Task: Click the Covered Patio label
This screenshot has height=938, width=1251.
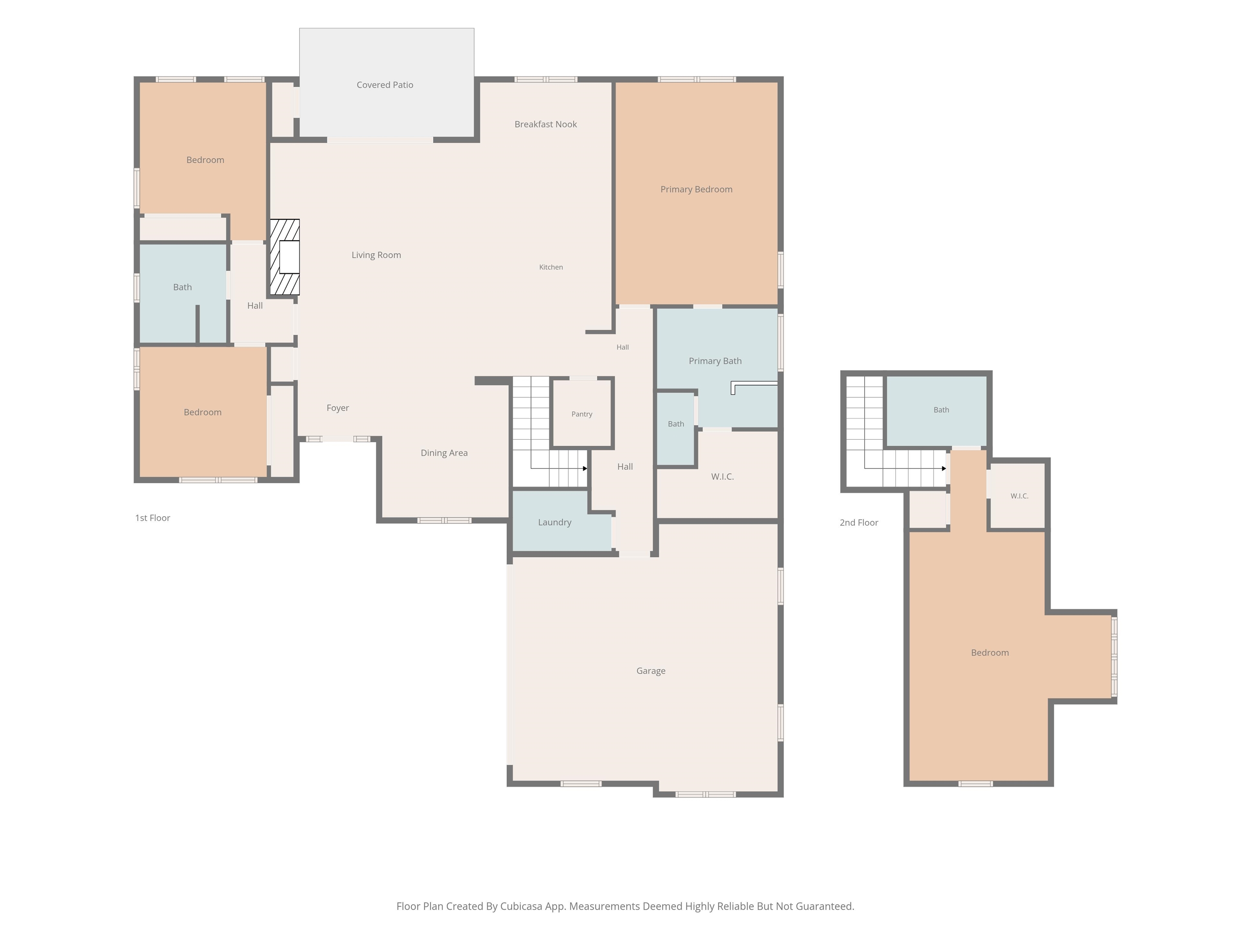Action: (x=384, y=85)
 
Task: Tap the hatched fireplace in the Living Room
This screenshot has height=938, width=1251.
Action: (x=285, y=257)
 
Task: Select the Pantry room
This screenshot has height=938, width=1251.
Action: (x=582, y=413)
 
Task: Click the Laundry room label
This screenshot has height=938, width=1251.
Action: (x=554, y=522)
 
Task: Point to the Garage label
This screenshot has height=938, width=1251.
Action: (x=650, y=671)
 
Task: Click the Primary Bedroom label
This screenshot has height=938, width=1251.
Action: (x=696, y=189)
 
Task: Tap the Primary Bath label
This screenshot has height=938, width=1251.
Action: (x=715, y=361)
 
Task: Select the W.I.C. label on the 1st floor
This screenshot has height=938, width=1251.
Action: (x=722, y=477)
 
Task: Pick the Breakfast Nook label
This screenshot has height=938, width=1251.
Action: (x=545, y=125)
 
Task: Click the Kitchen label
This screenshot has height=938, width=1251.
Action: (x=551, y=267)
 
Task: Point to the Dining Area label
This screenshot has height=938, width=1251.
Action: (x=444, y=453)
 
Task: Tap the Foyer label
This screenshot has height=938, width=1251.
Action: (x=338, y=408)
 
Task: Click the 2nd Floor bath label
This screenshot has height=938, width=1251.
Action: (x=941, y=410)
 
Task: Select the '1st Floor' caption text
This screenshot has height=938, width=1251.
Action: (x=152, y=518)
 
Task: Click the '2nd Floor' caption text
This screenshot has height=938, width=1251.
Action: (x=858, y=522)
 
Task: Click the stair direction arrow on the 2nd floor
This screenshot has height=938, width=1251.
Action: (x=905, y=468)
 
